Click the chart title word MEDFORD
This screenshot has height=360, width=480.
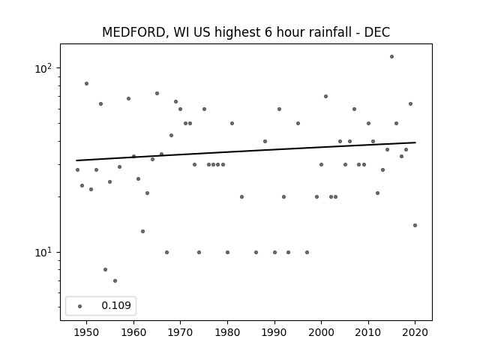133,32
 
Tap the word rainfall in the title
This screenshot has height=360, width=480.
327,31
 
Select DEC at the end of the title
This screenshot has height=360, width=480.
376,32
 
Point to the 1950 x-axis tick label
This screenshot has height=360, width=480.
87,332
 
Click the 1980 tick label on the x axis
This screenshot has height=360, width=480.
227,332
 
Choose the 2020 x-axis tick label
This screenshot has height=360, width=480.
415,332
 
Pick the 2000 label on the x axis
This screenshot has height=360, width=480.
321,332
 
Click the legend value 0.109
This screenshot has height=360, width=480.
116,305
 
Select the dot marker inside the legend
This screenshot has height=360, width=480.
80,306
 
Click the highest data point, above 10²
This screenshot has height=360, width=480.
391,57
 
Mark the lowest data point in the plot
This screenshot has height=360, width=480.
115,280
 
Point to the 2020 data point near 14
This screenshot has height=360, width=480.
415,225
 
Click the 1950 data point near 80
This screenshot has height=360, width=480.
87,83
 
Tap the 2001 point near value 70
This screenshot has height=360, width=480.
325,97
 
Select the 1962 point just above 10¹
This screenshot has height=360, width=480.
143,232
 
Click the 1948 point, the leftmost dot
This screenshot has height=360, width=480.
77,170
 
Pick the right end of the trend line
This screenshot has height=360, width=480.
415,142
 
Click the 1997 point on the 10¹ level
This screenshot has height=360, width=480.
307,253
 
